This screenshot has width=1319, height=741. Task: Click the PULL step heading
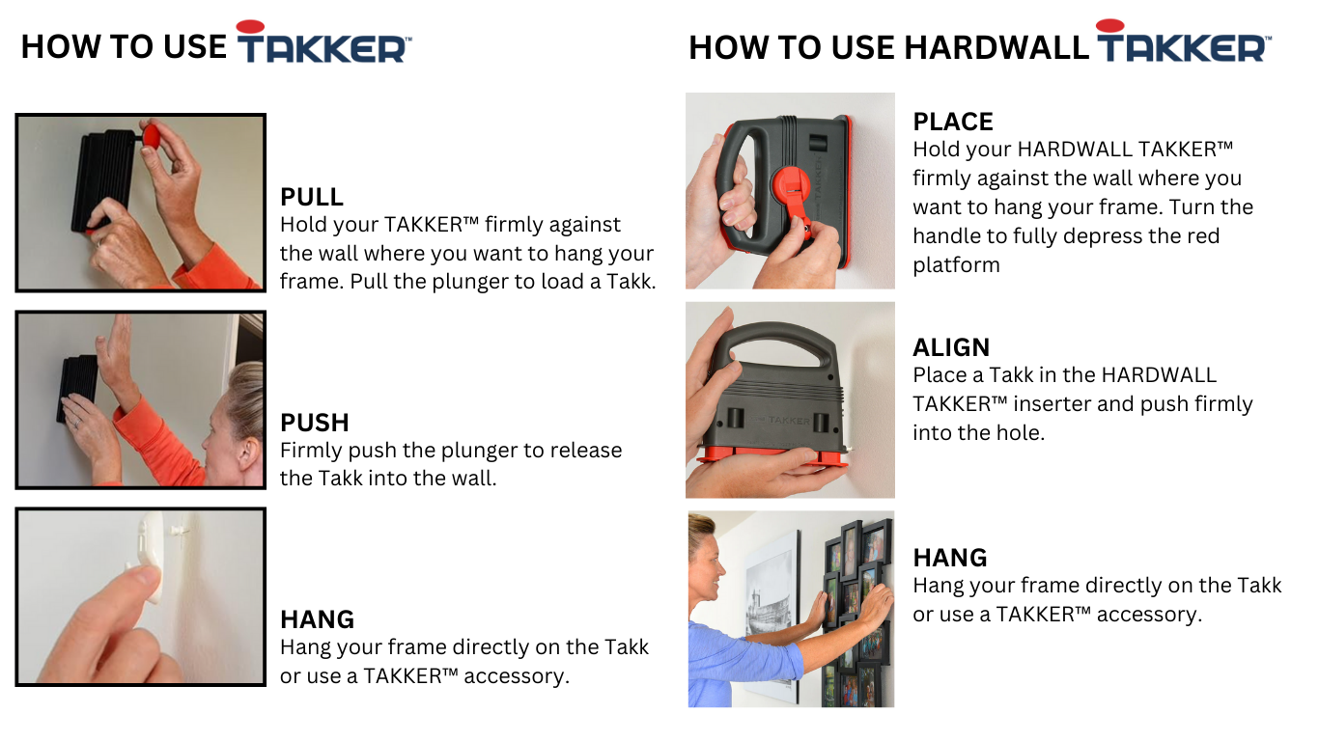pos(312,197)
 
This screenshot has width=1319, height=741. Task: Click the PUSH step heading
pos(315,423)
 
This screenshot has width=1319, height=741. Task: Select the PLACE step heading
pos(953,122)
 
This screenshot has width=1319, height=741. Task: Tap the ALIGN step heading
pos(951,347)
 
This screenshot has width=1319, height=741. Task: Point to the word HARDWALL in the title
pos(996,47)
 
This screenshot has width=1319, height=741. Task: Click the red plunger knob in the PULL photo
pos(151,135)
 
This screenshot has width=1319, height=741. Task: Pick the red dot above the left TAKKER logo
pos(250,26)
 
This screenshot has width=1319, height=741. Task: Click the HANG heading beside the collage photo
pos(950,558)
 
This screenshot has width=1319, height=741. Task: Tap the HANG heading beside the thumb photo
pos(317,619)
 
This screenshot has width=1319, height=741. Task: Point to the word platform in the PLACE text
pos(956,265)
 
